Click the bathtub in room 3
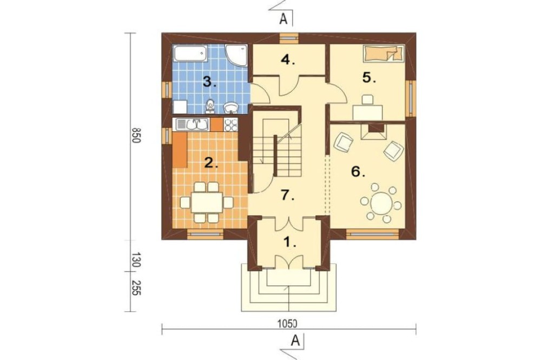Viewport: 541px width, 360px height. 190,54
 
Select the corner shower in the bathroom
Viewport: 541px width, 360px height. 237,55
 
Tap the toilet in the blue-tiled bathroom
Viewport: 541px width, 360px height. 210,106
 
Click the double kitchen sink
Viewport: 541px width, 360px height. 192,124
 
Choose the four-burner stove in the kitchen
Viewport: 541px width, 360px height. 231,124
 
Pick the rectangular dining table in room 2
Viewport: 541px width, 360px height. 207,202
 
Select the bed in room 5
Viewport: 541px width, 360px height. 384,54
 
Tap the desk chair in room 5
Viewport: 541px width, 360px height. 367,99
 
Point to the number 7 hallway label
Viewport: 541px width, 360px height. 287,196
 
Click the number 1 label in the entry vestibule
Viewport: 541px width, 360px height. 289,242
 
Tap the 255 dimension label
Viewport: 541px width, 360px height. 136,287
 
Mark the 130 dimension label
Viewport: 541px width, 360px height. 136,261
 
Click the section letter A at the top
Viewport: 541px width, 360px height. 283,19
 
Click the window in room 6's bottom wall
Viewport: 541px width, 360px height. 372,234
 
